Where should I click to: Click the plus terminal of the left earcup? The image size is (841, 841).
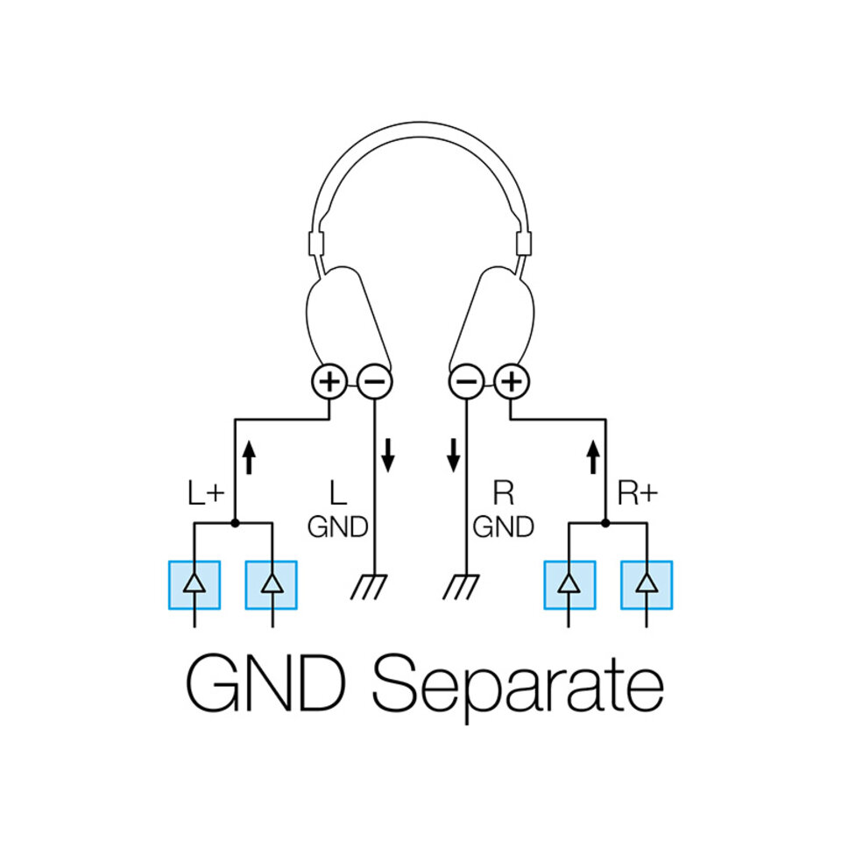tap(329, 382)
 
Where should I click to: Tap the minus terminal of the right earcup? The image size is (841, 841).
tap(466, 382)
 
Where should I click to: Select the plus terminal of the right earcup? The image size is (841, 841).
tap(512, 382)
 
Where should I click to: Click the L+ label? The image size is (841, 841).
tap(207, 494)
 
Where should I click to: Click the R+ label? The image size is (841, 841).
tap(637, 494)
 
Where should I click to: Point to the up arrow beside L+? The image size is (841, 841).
tap(249, 455)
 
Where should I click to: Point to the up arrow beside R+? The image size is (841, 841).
tap(593, 455)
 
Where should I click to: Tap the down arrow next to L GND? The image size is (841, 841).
tap(388, 453)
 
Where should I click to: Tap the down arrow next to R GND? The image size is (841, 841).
tap(453, 453)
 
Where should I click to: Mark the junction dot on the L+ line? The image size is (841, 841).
tap(235, 523)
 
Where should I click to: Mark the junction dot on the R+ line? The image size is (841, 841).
tap(606, 523)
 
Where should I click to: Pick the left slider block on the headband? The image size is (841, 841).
tap(316, 244)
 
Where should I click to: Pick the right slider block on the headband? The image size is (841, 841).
tap(525, 244)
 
